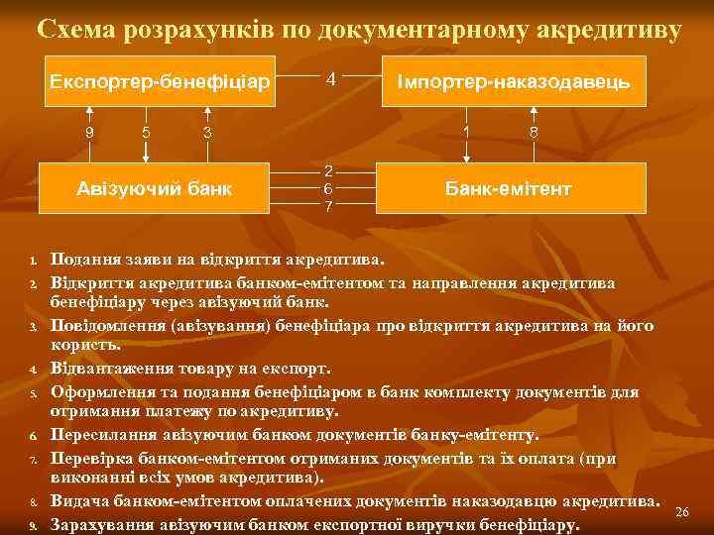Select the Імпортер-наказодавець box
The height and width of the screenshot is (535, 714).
coord(513,80)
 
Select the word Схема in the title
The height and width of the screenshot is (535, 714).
coord(79,30)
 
